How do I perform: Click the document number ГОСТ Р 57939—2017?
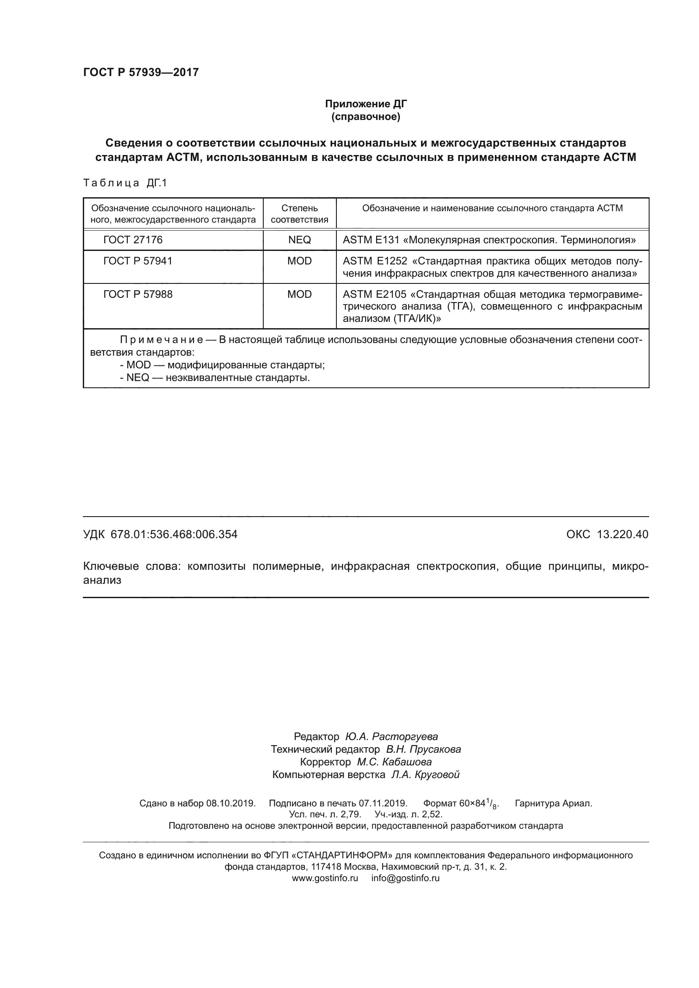click(141, 72)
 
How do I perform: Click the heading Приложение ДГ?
click(366, 104)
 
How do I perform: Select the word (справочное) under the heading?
click(366, 117)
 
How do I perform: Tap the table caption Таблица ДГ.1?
click(125, 183)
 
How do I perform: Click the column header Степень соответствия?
click(300, 214)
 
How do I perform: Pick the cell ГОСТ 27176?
click(133, 240)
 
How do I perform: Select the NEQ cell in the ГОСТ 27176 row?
click(300, 240)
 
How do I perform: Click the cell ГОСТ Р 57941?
click(138, 261)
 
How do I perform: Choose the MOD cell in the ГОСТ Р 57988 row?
click(300, 294)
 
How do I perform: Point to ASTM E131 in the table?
click(371, 240)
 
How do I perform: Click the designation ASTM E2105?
click(374, 294)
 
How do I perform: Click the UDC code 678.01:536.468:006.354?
click(174, 534)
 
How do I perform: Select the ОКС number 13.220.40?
click(623, 534)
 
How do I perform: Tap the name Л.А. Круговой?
click(425, 775)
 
